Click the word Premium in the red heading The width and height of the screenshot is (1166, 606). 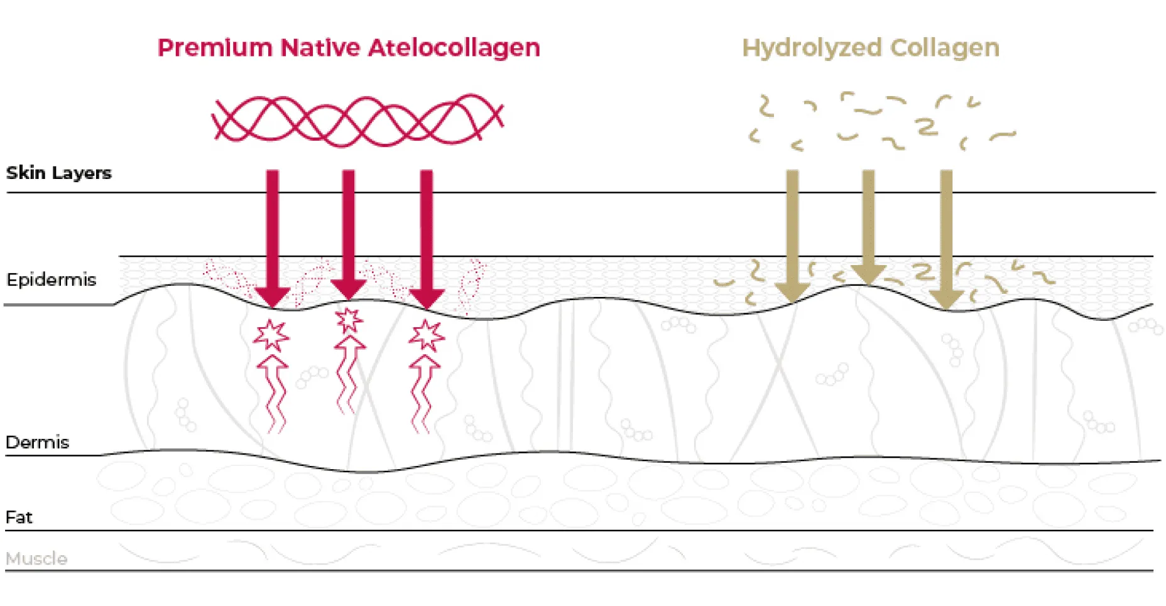click(x=214, y=48)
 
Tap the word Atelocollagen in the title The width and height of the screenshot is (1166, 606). click(x=454, y=48)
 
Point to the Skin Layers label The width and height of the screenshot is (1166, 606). click(x=58, y=173)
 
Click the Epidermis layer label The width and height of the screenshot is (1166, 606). click(x=51, y=279)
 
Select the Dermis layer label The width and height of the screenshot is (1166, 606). click(x=37, y=442)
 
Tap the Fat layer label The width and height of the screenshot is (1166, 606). click(x=19, y=517)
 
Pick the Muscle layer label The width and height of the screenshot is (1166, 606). click(x=36, y=558)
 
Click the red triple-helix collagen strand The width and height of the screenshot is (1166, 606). click(x=357, y=119)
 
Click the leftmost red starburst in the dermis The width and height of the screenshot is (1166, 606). click(x=271, y=335)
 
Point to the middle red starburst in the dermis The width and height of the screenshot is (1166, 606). click(x=349, y=320)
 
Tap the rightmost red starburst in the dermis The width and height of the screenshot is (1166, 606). click(x=427, y=335)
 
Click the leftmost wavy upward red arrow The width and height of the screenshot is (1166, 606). click(x=273, y=392)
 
